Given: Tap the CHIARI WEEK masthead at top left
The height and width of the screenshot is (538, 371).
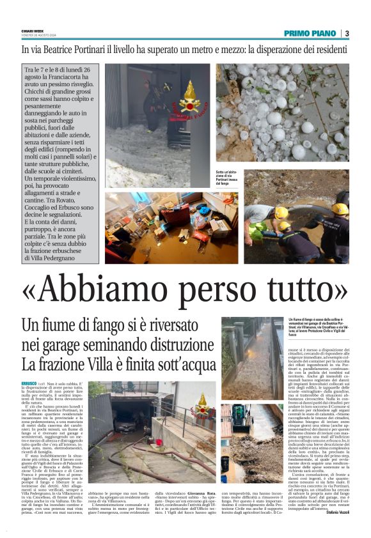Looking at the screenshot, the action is (33, 31).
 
